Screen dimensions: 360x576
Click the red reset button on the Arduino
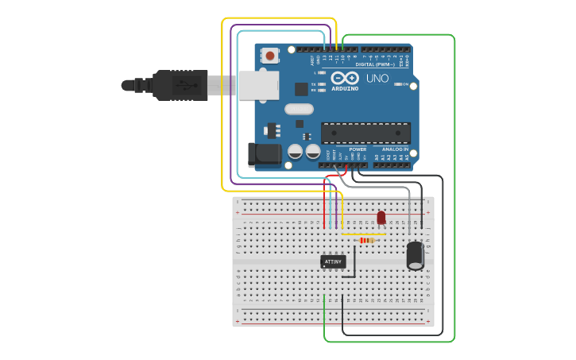271,56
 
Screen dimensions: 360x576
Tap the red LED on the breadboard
381,217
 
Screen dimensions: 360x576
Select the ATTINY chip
333,261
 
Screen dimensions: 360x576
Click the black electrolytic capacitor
415,256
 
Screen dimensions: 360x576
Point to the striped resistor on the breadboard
366,240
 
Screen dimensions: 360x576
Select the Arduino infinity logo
345,79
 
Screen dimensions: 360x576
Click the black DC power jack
265,154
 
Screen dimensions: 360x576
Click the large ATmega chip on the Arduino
365,134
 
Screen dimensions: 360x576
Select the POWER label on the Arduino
358,149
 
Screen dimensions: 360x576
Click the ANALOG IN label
395,149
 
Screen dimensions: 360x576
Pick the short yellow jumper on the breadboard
363,234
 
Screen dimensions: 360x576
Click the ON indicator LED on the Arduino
404,84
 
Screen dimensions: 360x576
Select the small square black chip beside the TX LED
301,89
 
